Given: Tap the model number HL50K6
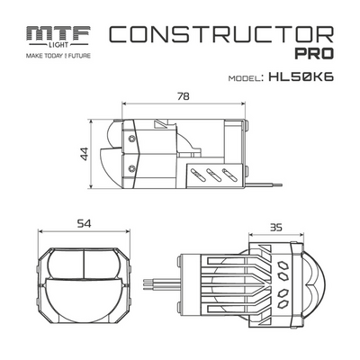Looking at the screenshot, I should pos(301,77).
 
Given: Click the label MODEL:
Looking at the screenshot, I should pos(239,78).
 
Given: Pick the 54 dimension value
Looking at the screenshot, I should pos(82,223).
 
